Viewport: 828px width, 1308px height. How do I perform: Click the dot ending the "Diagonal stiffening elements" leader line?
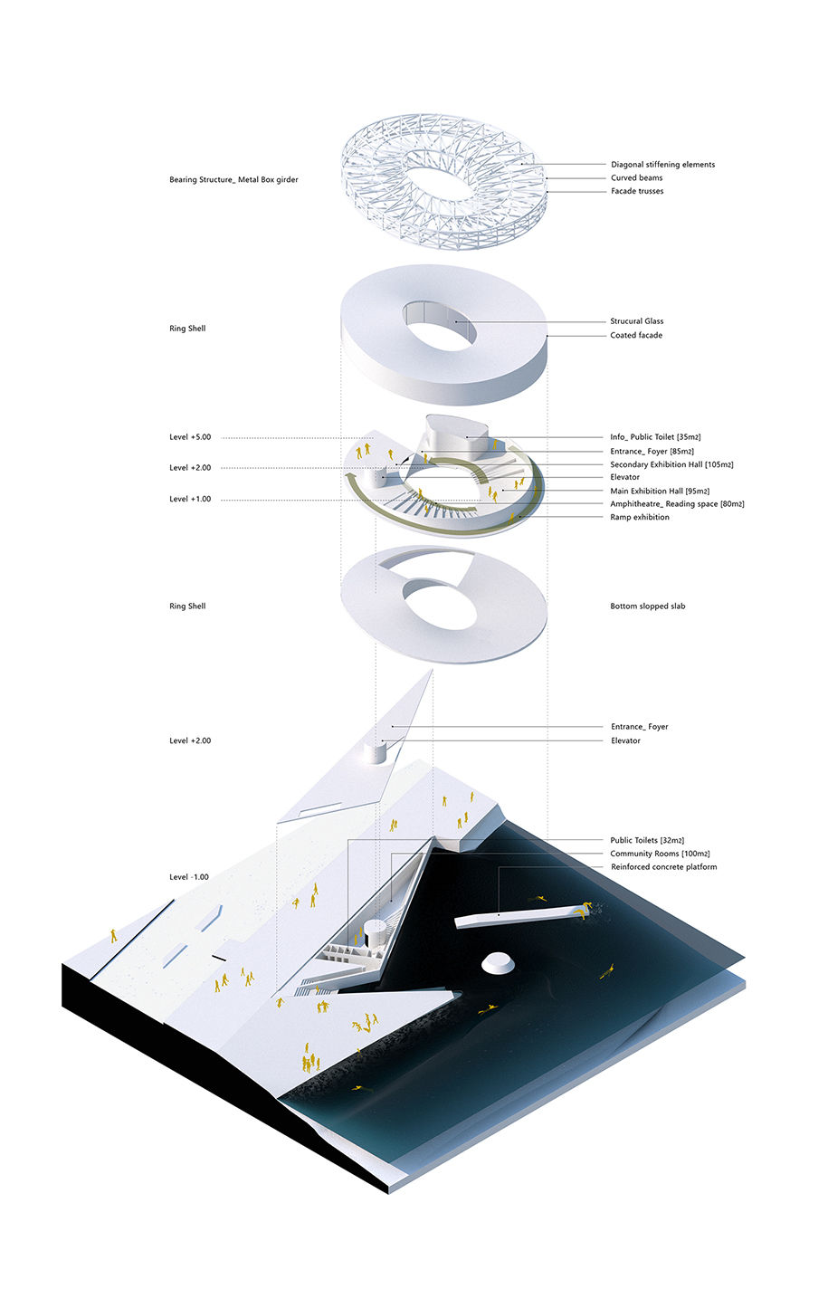click(523, 165)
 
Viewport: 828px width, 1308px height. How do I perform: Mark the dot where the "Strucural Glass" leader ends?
click(457, 321)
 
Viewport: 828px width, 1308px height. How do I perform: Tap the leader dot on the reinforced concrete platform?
click(499, 915)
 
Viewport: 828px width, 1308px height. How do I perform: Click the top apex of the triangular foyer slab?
click(433, 670)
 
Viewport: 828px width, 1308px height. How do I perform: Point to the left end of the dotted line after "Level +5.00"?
click(222, 438)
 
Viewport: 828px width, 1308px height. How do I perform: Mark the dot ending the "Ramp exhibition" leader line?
click(519, 517)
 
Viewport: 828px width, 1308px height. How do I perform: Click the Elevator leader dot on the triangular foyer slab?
click(383, 741)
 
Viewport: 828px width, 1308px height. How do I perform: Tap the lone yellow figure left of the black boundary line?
click(114, 936)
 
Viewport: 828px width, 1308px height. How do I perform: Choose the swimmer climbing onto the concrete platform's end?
click(582, 911)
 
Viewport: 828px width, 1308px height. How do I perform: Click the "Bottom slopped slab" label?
click(648, 606)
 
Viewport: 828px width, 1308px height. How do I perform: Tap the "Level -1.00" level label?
click(189, 877)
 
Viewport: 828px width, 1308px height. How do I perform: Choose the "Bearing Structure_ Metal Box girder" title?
click(233, 180)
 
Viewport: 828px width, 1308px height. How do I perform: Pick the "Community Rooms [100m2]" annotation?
click(660, 854)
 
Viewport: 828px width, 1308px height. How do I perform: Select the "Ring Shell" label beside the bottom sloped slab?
click(187, 606)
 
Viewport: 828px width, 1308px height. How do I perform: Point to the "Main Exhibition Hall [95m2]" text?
click(660, 492)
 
